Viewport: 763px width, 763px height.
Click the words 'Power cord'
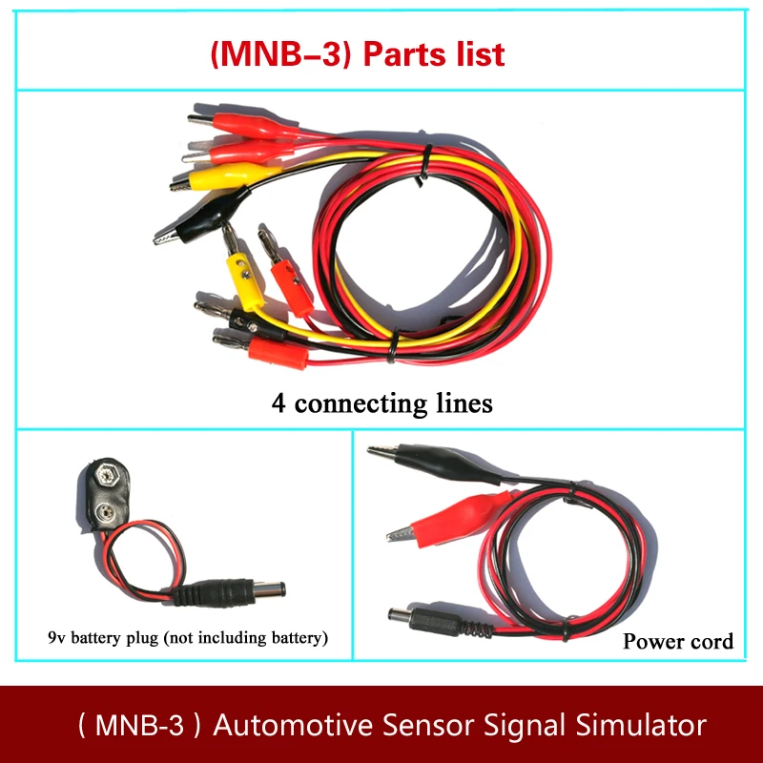click(x=678, y=641)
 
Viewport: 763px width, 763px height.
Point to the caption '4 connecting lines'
click(x=381, y=403)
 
